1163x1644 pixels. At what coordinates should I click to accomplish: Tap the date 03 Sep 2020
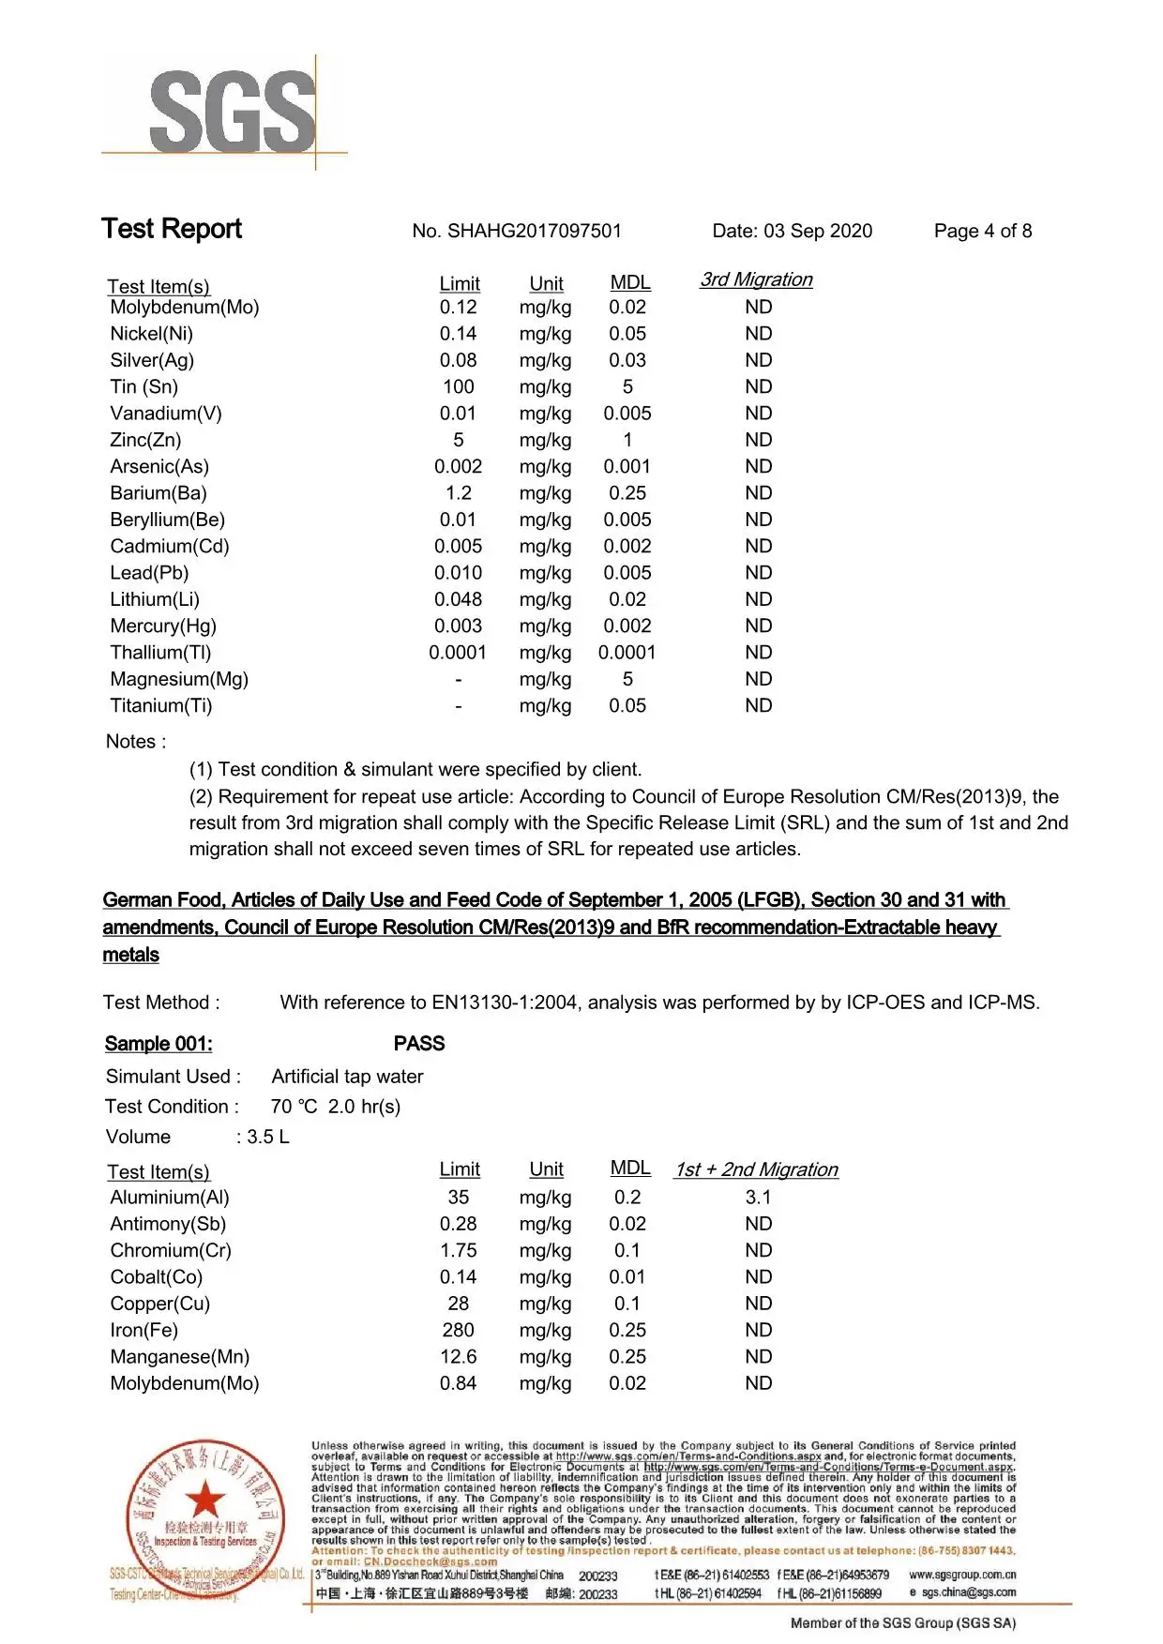click(818, 232)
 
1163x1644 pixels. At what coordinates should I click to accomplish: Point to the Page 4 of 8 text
click(982, 232)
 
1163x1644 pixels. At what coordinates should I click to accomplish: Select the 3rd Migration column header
click(756, 279)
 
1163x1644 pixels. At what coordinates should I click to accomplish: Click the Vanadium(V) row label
click(166, 414)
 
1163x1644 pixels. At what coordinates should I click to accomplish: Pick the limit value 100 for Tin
click(459, 387)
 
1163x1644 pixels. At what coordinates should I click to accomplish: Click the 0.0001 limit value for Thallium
click(458, 653)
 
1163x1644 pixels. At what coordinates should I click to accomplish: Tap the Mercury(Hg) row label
click(163, 626)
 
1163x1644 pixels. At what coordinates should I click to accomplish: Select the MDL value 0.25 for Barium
click(627, 493)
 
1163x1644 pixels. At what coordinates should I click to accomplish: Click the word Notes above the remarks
click(131, 742)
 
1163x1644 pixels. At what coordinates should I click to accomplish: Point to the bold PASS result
click(419, 1044)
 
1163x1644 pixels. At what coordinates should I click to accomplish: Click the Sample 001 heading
click(159, 1044)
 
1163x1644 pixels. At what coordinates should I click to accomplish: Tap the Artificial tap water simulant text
click(347, 1077)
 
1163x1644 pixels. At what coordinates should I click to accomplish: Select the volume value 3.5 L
click(268, 1137)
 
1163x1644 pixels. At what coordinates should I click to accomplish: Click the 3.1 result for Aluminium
click(758, 1198)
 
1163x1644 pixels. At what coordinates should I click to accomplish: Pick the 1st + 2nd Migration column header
click(756, 1169)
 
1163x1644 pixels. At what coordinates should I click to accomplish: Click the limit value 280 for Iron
click(459, 1331)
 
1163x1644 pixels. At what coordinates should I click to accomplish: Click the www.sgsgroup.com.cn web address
click(962, 1575)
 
